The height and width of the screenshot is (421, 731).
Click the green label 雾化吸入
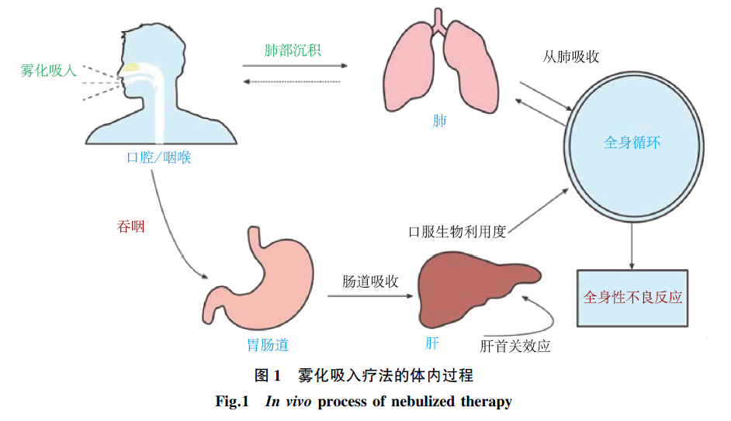48,71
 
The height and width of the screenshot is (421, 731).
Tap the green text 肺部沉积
292,50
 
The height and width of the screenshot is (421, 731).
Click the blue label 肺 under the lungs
439,122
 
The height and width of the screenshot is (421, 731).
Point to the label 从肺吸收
572,57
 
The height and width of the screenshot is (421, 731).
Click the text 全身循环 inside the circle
632,143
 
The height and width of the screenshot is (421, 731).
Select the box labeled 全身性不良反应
632,297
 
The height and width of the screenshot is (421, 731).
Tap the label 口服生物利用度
457,232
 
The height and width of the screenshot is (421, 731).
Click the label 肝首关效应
515,346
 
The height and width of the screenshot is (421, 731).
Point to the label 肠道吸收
370,281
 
